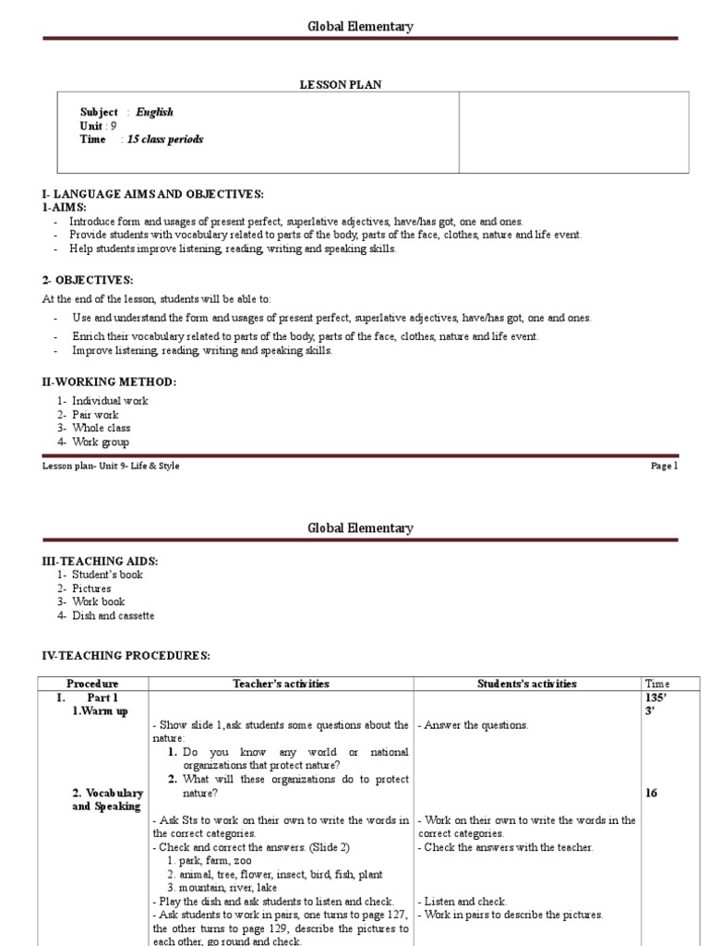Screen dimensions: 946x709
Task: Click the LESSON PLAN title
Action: [341, 84]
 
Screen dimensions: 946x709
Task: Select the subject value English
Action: [154, 112]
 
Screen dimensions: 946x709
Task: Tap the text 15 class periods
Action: [165, 139]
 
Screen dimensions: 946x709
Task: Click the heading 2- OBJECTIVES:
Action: [88, 280]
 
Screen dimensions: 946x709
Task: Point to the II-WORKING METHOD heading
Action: [109, 382]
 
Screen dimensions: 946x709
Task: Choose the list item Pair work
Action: [95, 415]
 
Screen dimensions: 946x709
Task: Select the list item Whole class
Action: [101, 428]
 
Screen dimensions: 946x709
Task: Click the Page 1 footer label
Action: [664, 467]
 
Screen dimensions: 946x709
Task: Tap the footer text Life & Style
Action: [158, 467]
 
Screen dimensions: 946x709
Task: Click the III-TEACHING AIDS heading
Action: [100, 561]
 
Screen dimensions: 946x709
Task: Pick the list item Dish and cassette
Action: [113, 615]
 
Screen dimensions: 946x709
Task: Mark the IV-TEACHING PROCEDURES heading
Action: [126, 656]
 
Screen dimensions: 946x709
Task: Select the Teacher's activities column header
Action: [281, 684]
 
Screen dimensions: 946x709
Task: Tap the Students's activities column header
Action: [526, 684]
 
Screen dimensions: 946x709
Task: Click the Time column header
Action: [659, 684]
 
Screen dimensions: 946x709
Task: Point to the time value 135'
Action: [657, 697]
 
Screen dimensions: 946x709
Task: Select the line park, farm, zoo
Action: [211, 860]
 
